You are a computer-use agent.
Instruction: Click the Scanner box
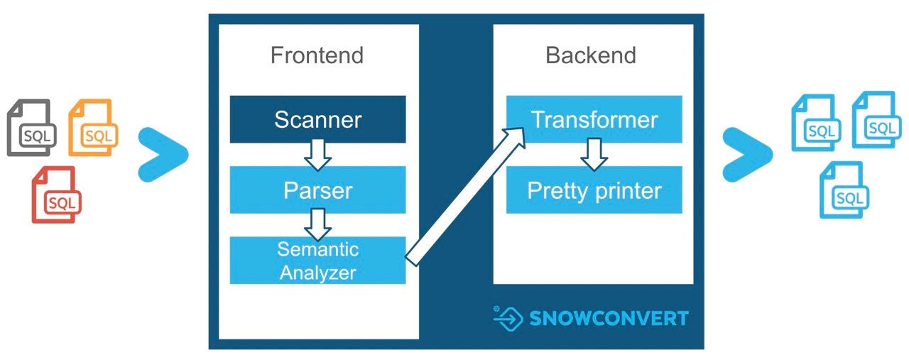[317, 119]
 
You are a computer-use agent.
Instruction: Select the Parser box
[317, 190]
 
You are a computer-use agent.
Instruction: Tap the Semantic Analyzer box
[317, 260]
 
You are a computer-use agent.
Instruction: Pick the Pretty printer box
[594, 190]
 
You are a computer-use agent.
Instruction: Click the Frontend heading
[317, 55]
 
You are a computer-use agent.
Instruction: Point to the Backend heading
[591, 55]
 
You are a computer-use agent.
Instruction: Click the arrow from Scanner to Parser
[317, 154]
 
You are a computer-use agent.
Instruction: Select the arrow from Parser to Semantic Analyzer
[317, 224]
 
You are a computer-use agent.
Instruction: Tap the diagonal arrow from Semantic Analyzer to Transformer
[465, 196]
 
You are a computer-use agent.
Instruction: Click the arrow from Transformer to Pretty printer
[594, 154]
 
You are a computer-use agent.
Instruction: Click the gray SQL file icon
[31, 128]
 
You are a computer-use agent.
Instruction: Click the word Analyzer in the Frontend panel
[317, 272]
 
